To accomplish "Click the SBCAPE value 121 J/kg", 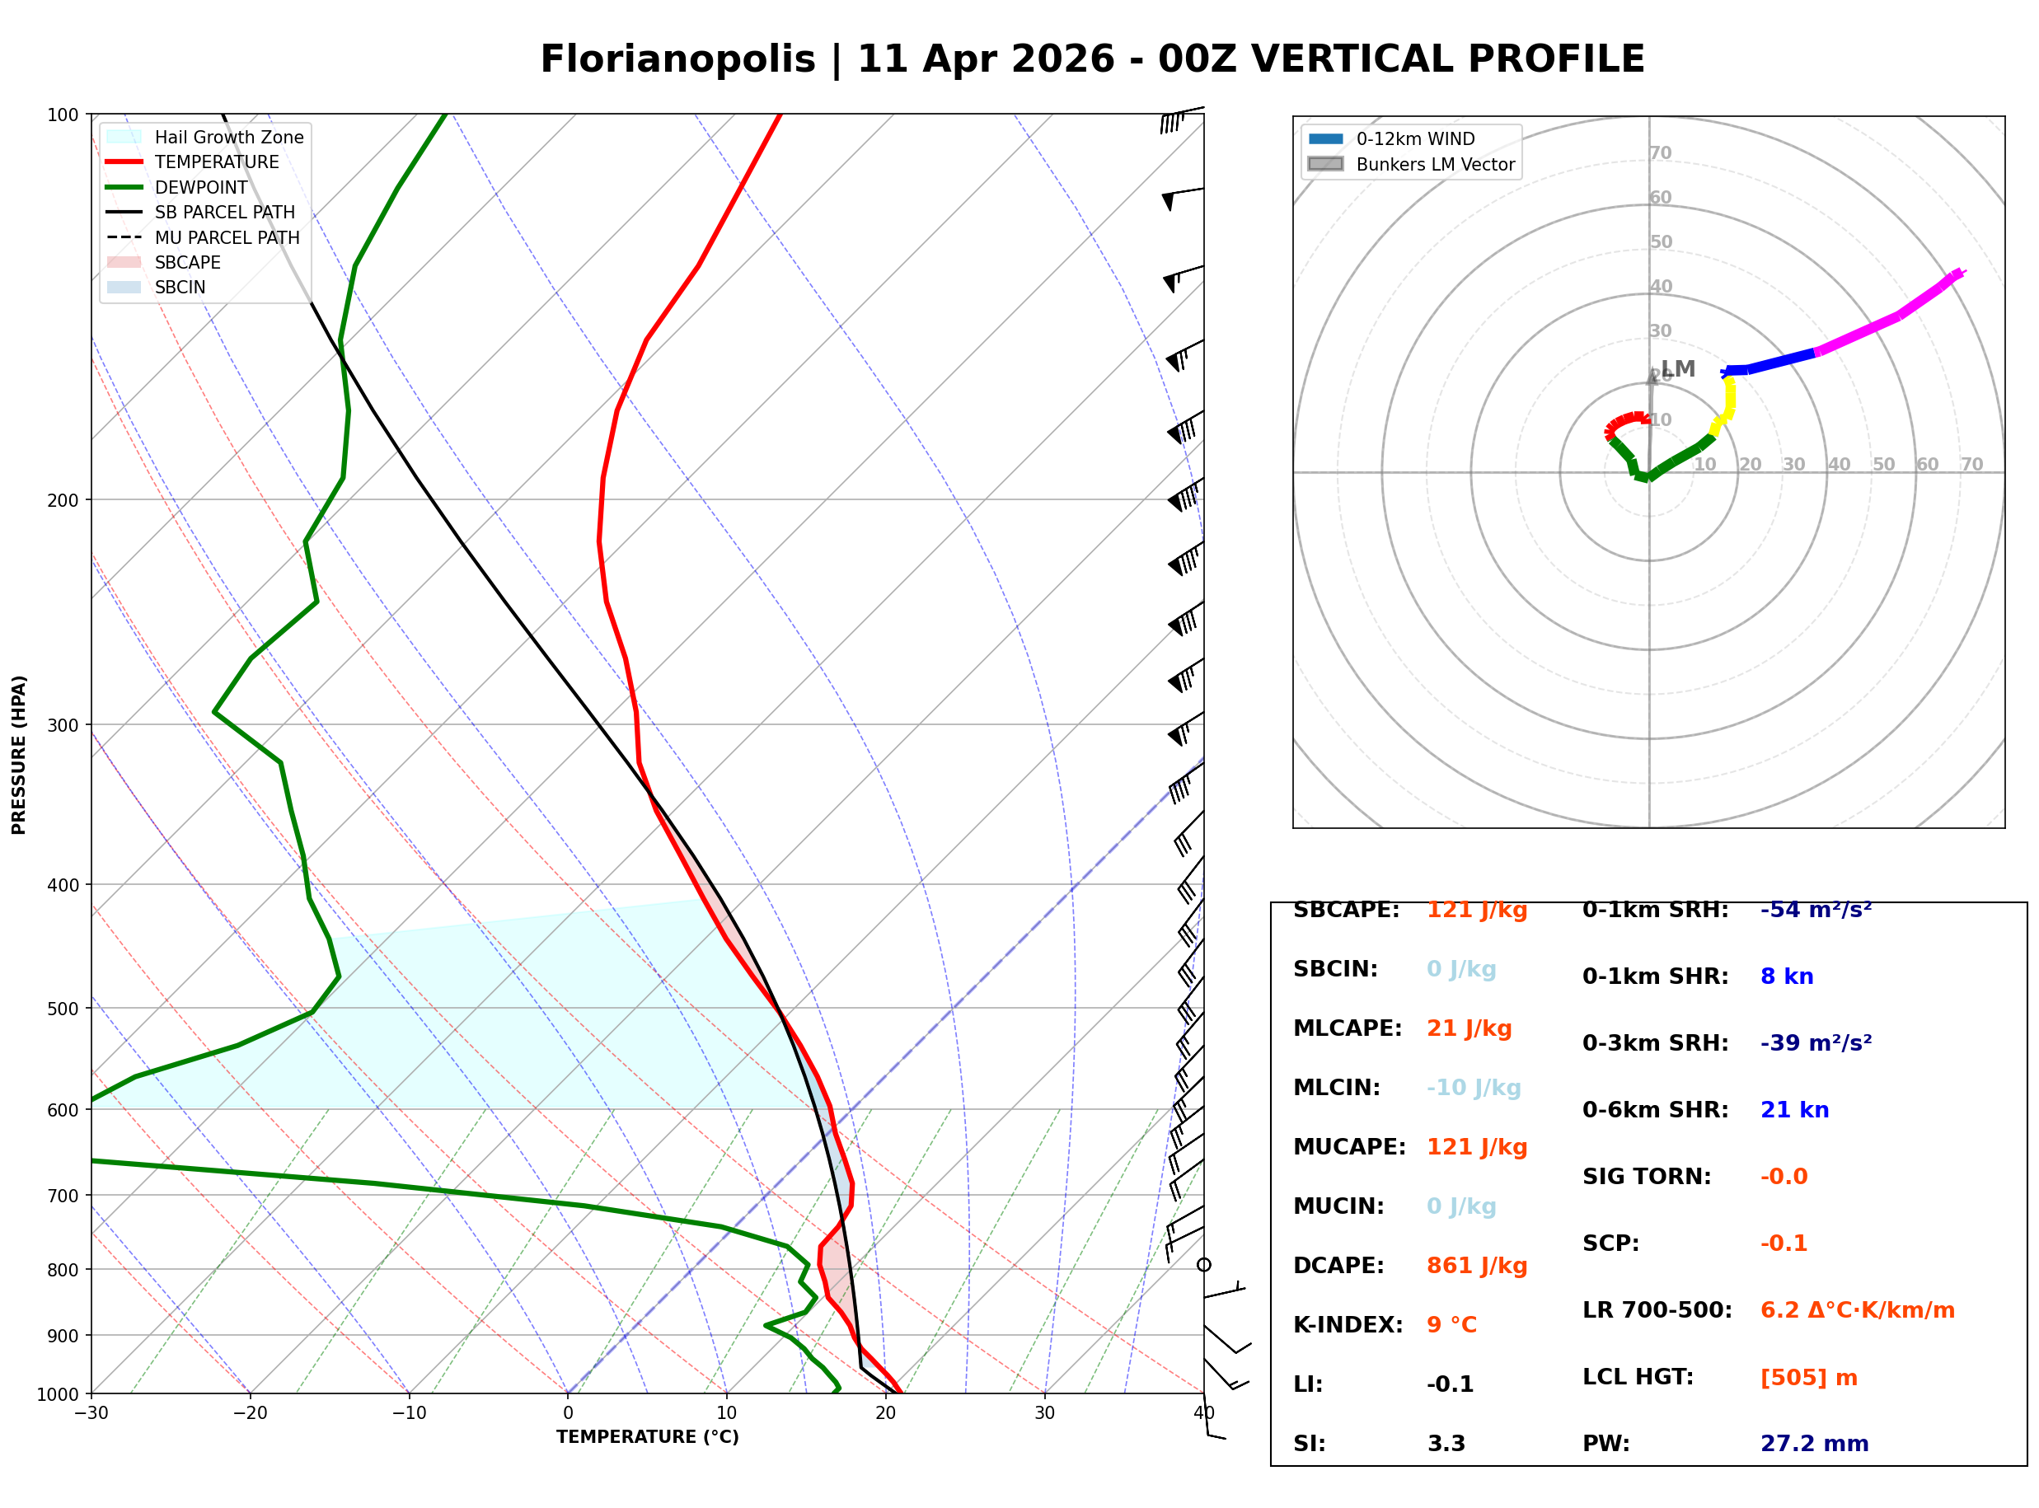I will coord(1476,910).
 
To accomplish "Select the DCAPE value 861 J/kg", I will coord(1476,1265).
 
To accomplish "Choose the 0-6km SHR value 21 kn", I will coord(1793,1110).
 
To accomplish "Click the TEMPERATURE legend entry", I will coord(216,162).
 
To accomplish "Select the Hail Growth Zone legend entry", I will coord(228,137).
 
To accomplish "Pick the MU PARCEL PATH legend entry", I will coord(227,237).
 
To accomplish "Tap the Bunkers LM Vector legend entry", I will coord(1434,164).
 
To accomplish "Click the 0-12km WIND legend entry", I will coord(1415,138).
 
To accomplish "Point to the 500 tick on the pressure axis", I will coord(63,1009).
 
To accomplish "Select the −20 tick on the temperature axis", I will coord(250,1413).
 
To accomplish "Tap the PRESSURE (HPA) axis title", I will coord(19,754).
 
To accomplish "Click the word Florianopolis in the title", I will coord(677,59).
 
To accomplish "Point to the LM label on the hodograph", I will coord(1677,369).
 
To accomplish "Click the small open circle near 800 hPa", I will coord(1204,1264).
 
